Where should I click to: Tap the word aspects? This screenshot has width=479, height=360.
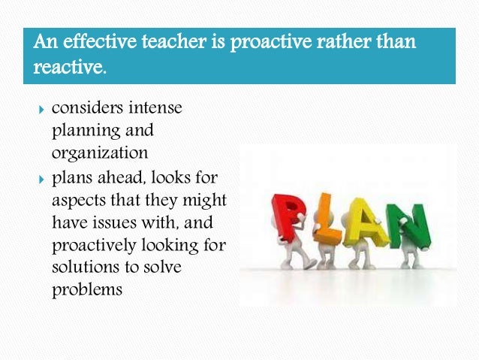tap(80, 203)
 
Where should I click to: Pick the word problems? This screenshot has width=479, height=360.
tap(86, 289)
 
